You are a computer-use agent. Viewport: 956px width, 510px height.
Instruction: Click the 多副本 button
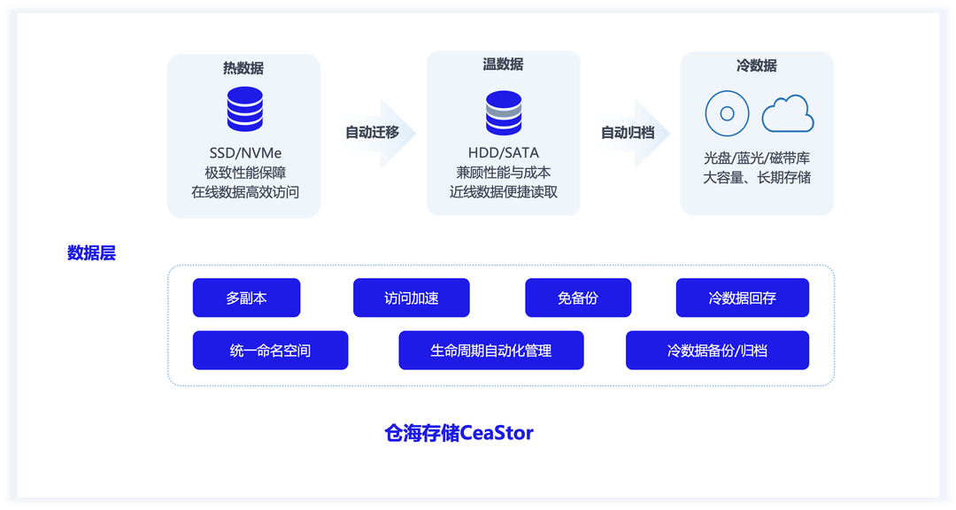(246, 298)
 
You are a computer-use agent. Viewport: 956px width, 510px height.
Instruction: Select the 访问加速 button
(411, 298)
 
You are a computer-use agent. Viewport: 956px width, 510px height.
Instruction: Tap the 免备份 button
(578, 298)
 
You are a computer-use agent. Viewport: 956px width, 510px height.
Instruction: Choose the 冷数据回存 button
(742, 298)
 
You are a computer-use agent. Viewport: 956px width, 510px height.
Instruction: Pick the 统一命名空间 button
(270, 351)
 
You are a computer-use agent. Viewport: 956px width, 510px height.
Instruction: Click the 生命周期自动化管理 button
(491, 351)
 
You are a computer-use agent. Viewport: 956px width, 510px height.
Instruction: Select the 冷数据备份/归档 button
(717, 351)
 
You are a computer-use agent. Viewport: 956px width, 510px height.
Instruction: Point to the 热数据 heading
(243, 68)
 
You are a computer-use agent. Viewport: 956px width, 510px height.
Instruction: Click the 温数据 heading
(503, 65)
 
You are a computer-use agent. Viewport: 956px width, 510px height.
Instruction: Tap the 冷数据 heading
(757, 66)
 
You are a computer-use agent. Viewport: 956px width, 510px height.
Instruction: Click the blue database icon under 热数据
(244, 110)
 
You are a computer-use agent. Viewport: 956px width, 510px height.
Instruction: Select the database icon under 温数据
(503, 112)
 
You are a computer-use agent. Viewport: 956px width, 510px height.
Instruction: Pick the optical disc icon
(728, 113)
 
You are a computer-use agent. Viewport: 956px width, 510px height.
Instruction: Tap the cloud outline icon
(788, 114)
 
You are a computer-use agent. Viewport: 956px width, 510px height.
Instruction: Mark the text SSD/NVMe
(244, 152)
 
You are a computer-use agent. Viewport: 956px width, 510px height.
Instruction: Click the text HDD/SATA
(503, 152)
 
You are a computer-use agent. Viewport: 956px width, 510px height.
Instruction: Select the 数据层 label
(91, 253)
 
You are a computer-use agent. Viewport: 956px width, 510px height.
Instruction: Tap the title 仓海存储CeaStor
(459, 433)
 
